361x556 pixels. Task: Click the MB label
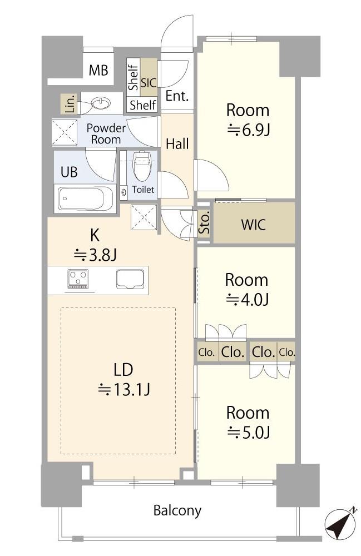pyautogui.click(x=98, y=71)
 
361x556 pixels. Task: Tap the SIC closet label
pyautogui.click(x=149, y=82)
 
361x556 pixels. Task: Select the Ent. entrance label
pyautogui.click(x=177, y=96)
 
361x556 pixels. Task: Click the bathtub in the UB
pyautogui.click(x=86, y=198)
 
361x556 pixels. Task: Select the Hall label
pyautogui.click(x=177, y=144)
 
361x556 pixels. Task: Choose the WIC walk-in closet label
pyautogui.click(x=254, y=225)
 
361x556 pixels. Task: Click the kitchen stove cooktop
pyautogui.click(x=78, y=279)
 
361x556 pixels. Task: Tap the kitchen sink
pyautogui.click(x=131, y=279)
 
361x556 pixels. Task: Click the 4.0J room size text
pyautogui.click(x=247, y=300)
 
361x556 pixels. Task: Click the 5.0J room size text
pyautogui.click(x=248, y=432)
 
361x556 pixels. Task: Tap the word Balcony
pyautogui.click(x=177, y=510)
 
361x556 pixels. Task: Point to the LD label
pyautogui.click(x=123, y=369)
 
